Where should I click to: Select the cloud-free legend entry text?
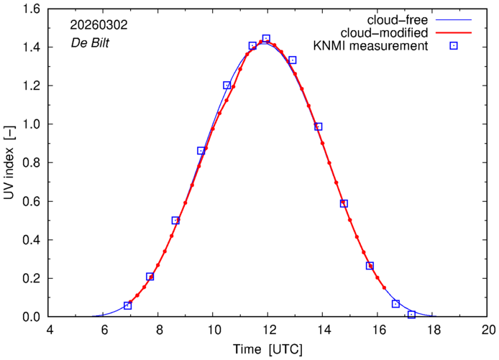[398, 19]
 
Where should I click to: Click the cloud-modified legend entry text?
[387, 33]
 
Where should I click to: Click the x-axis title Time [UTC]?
[268, 349]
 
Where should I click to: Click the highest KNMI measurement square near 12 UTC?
[266, 39]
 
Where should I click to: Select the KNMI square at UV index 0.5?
[175, 221]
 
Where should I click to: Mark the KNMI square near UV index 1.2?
[227, 86]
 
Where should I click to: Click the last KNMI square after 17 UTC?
[411, 314]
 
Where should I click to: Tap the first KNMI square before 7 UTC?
[127, 305]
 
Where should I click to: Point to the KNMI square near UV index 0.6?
[344, 203]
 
